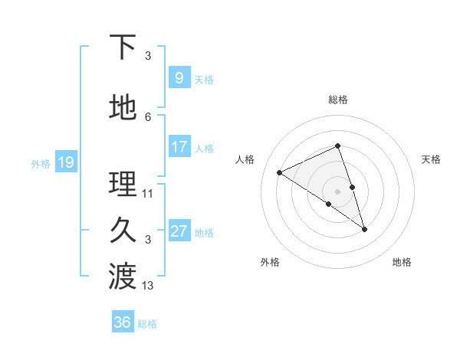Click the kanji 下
point(123,47)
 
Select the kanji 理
point(123,185)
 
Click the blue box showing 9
point(179,78)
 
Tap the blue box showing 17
point(179,147)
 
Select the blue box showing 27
point(179,232)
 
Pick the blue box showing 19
point(65,162)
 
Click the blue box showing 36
point(123,322)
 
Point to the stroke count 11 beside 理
point(148,194)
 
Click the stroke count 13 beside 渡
point(148,286)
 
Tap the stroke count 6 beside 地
point(148,117)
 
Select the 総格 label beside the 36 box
point(147,324)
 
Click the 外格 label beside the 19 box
point(40,163)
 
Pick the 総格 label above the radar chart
point(337,100)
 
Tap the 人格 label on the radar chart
point(245,159)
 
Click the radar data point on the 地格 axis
point(364,229)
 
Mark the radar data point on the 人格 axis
point(279,172)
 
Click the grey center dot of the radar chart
point(337,191)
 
